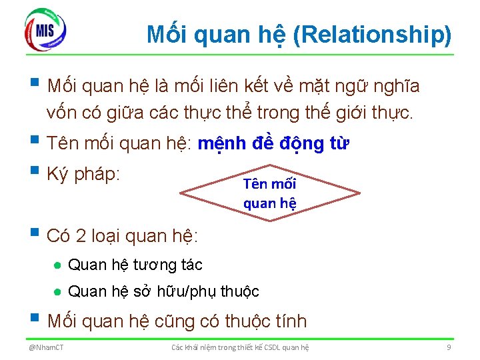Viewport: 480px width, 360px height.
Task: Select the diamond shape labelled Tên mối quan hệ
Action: tap(270, 193)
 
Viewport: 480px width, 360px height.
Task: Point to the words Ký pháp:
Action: tap(83, 175)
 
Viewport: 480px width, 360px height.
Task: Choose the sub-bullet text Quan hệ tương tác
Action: tap(135, 265)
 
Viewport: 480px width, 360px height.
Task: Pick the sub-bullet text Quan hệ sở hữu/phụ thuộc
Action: tap(164, 291)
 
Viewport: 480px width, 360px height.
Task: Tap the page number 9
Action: tap(449, 347)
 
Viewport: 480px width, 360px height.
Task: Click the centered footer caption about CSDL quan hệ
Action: tap(240, 347)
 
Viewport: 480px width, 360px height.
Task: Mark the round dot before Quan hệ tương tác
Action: tap(58, 265)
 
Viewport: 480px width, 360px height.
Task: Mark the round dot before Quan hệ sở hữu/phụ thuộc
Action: tap(58, 292)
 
